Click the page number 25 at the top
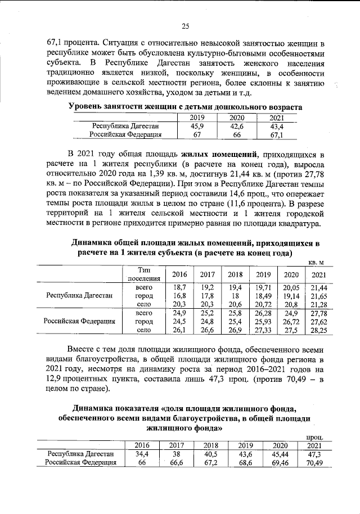coord(185,25)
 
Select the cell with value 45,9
coord(197,127)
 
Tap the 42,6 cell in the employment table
coord(236,127)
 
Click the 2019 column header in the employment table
coord(197,118)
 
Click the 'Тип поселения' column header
coord(145,274)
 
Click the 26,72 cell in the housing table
coord(291,322)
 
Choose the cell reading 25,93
coord(263,322)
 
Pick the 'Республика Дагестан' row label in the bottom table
coord(80,454)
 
